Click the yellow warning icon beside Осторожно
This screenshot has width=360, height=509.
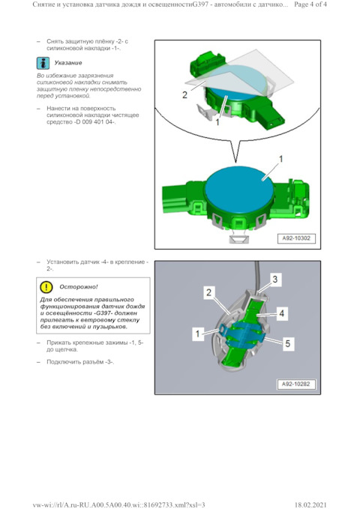coord(46,286)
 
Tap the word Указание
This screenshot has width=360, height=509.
coord(68,63)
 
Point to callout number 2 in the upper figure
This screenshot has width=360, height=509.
coord(184,95)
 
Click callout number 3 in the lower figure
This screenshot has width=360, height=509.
coord(274,279)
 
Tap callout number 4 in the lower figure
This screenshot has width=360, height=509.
coord(281,311)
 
